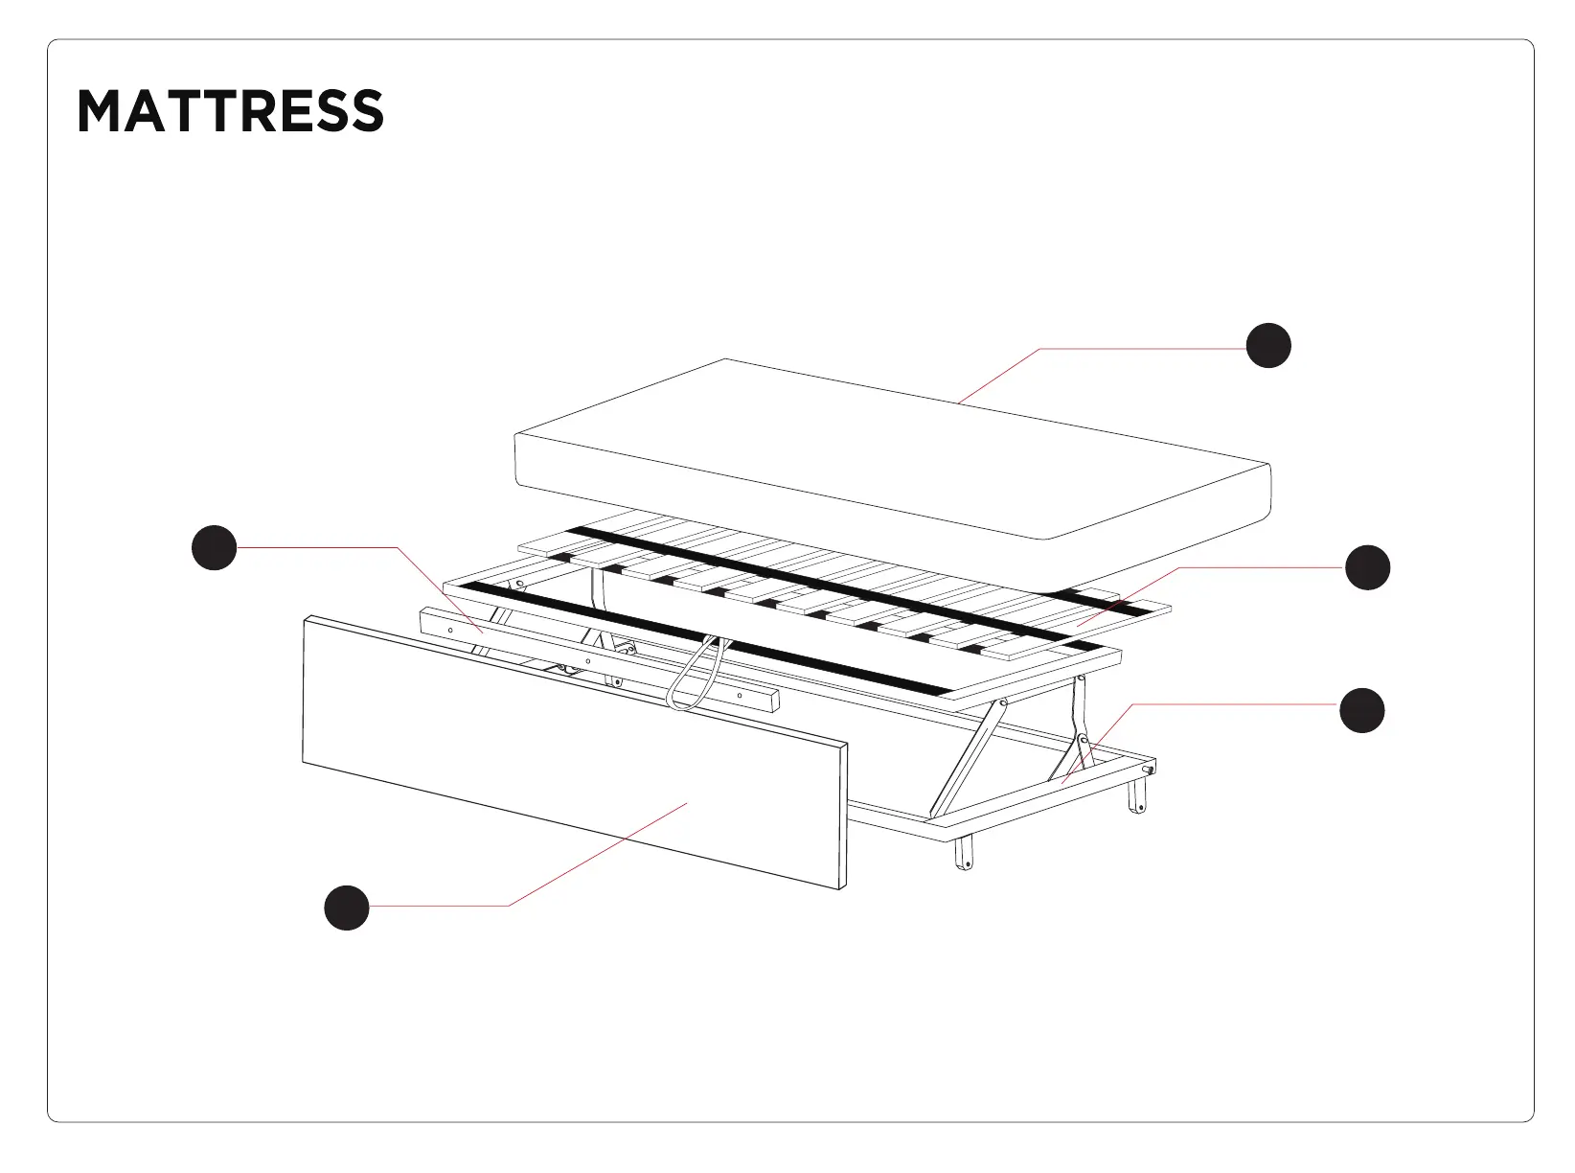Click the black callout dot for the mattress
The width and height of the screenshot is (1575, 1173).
click(x=1268, y=345)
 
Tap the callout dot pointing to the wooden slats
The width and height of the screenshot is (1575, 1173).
click(x=1367, y=567)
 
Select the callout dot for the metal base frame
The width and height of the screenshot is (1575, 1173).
click(x=1361, y=710)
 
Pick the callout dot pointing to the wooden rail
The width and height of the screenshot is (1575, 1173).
click(x=215, y=547)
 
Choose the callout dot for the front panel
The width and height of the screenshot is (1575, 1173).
click(x=347, y=907)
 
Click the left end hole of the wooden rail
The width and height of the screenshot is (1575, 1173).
click(x=450, y=630)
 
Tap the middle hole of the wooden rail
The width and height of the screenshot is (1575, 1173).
click(x=587, y=661)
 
